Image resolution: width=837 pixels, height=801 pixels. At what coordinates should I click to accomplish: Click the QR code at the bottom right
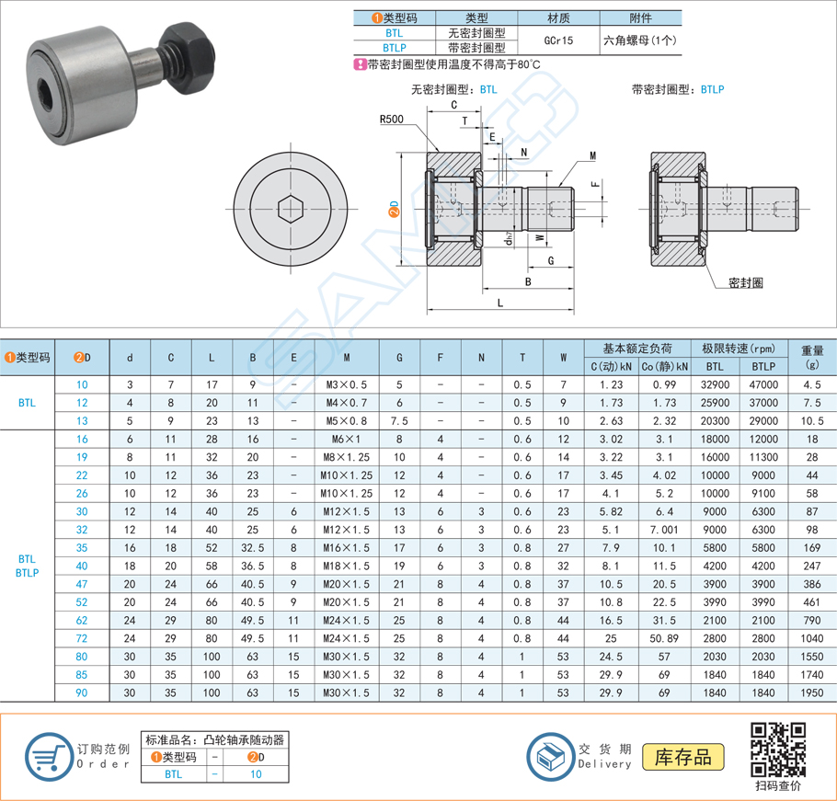(777, 748)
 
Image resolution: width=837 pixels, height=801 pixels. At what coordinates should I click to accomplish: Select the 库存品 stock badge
(682, 757)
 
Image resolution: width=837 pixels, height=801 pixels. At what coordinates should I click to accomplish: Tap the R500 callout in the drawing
(391, 120)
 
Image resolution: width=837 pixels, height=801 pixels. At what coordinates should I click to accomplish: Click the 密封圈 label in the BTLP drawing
(744, 283)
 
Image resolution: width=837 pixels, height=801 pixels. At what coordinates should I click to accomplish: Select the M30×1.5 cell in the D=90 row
(346, 692)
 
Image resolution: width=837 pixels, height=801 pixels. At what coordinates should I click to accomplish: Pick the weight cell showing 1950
(810, 692)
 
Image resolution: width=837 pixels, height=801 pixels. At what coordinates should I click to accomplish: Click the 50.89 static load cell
(659, 637)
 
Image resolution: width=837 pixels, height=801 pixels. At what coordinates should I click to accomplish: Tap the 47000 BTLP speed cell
(762, 385)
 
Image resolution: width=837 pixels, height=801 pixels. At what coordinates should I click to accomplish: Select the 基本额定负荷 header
(636, 349)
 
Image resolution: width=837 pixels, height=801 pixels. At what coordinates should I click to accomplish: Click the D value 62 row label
(82, 621)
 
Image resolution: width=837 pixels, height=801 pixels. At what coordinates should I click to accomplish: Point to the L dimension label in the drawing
(499, 303)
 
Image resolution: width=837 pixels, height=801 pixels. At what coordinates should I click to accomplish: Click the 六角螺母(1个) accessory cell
(640, 40)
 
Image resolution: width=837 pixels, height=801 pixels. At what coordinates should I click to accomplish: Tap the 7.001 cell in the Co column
(659, 530)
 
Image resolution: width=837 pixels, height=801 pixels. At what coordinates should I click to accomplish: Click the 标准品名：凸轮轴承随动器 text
(214, 739)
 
